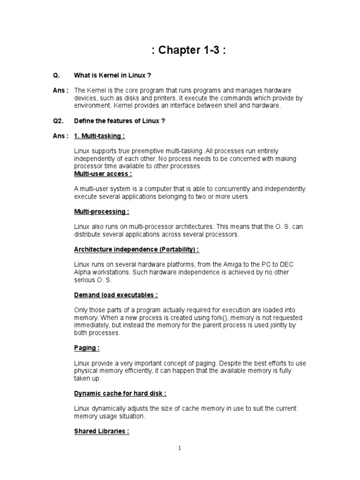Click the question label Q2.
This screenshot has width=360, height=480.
click(x=58, y=121)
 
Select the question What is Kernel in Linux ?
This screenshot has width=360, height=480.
click(x=112, y=75)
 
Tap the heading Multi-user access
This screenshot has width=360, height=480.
click(x=103, y=174)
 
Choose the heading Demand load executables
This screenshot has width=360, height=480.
click(x=116, y=295)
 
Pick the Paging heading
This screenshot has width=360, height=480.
click(x=87, y=348)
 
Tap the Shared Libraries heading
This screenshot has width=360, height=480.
click(x=101, y=431)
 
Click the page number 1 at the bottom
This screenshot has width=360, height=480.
click(x=180, y=449)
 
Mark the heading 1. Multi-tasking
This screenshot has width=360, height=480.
click(x=99, y=136)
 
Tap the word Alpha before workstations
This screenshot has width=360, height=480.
click(x=83, y=272)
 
